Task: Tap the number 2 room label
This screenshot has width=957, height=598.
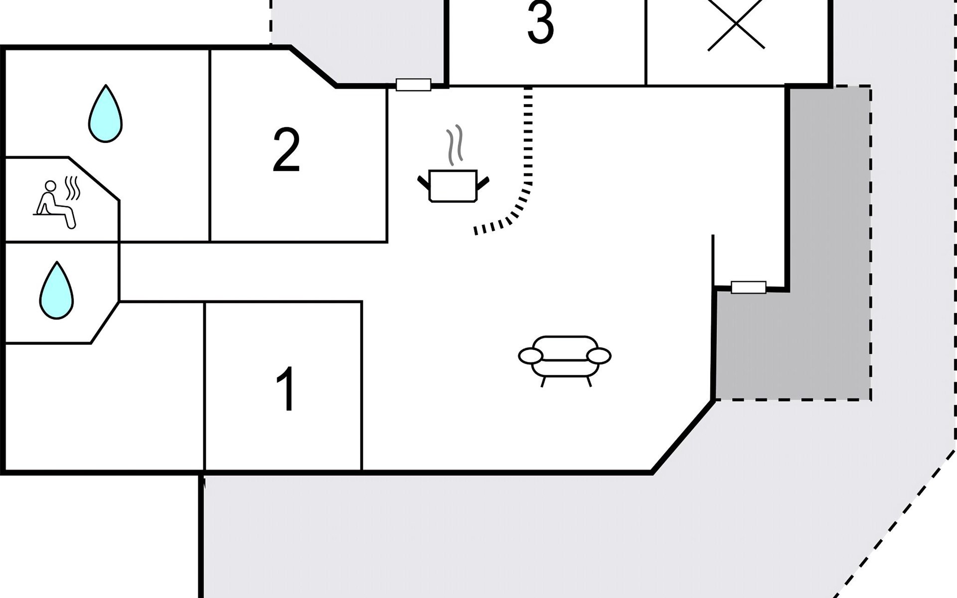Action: point(287,149)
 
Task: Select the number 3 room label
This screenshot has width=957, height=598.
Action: point(540,22)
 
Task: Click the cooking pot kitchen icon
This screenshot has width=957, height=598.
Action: point(453,185)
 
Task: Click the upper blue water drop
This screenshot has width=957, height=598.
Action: point(105,115)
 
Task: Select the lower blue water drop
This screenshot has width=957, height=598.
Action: point(56,292)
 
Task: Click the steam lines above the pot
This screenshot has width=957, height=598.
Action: point(455,145)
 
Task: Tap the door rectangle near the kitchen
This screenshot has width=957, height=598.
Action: point(413,85)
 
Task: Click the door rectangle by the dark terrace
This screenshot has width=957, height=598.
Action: point(748,287)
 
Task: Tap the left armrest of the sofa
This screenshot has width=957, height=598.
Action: point(530,356)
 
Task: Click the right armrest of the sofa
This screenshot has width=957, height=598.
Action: point(599,356)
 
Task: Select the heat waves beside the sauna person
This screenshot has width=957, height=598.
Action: point(73,188)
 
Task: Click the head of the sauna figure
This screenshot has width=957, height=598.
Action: point(50,186)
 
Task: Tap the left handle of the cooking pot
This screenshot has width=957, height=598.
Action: point(423,182)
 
